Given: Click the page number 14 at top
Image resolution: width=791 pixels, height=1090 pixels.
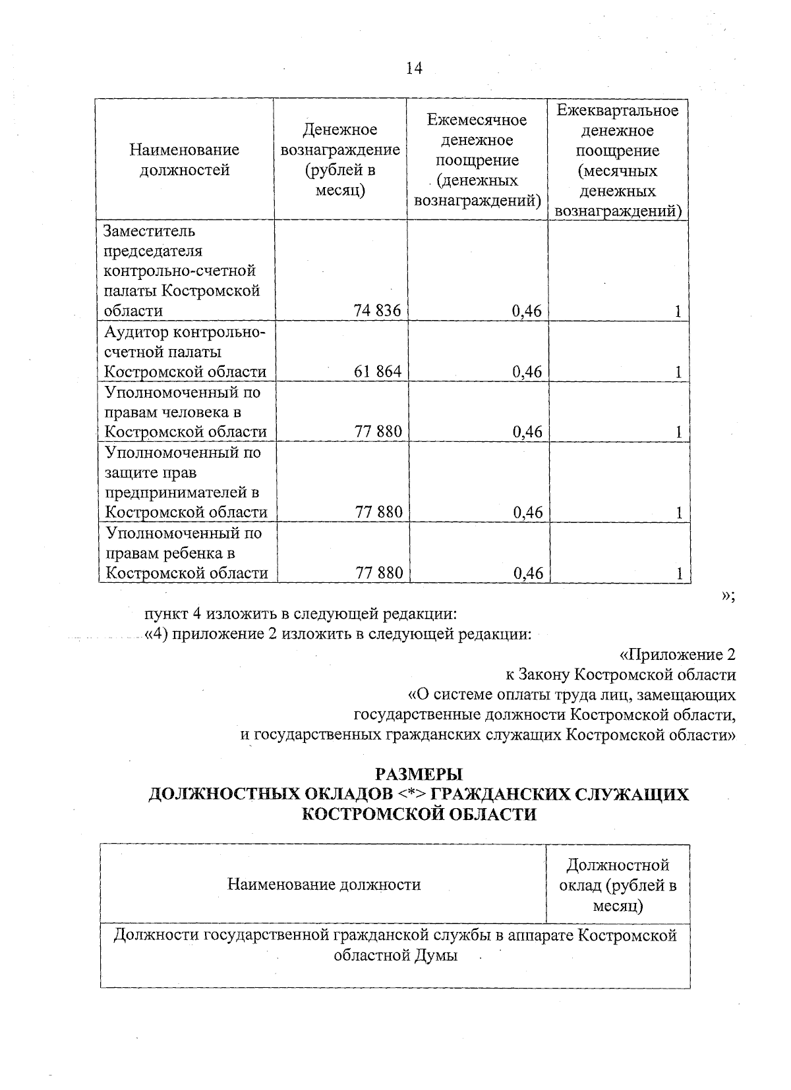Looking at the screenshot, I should (414, 68).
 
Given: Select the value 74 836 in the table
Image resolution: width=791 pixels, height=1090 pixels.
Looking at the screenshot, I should (377, 311).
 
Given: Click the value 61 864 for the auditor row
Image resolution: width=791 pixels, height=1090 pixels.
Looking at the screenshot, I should (377, 371).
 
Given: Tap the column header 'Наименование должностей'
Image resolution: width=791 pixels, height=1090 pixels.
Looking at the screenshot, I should (185, 160).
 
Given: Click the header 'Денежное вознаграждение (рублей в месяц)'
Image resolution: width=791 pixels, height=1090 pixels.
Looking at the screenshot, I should (340, 160).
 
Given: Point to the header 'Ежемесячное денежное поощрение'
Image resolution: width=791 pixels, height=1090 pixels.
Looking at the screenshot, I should (477, 160).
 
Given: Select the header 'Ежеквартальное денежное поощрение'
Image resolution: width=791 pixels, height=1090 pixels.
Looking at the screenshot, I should (618, 160).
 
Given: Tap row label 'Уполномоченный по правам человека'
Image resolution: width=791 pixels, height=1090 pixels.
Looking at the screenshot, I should (186, 412).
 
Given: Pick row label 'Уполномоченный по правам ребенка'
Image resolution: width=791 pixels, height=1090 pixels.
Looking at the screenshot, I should (186, 553).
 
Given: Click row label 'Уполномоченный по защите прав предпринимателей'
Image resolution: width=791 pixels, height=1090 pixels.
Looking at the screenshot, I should (186, 482).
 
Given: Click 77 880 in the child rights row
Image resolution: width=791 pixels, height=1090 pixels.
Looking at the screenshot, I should (379, 573).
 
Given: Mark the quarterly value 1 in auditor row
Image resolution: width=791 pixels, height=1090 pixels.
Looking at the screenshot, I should (678, 372).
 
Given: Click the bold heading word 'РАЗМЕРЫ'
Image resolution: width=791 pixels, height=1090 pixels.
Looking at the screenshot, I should (419, 773).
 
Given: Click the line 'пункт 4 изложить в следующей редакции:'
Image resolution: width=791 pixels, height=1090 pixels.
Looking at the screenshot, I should (301, 614).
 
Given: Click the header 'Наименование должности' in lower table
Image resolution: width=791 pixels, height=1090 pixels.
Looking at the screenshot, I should (324, 885).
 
